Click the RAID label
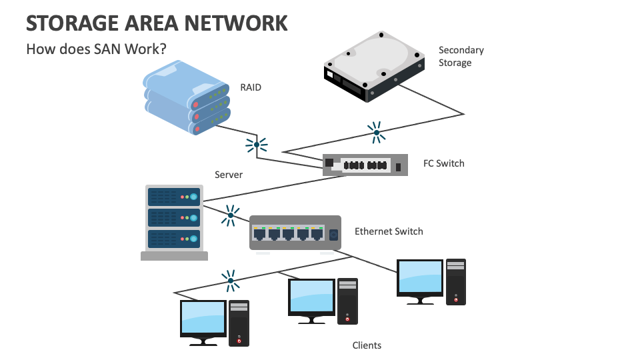(x=251, y=87)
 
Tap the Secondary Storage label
(x=461, y=57)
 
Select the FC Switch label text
(x=443, y=163)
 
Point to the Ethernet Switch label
(x=389, y=231)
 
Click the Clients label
(x=367, y=345)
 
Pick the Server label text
(x=229, y=175)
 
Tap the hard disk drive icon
(x=374, y=66)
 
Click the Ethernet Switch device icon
(x=295, y=233)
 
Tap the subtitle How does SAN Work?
(x=96, y=49)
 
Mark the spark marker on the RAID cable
(x=256, y=144)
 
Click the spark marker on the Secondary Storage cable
(x=376, y=133)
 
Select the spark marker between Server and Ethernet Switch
(x=230, y=215)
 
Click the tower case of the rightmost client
(x=456, y=281)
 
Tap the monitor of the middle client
(x=311, y=298)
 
